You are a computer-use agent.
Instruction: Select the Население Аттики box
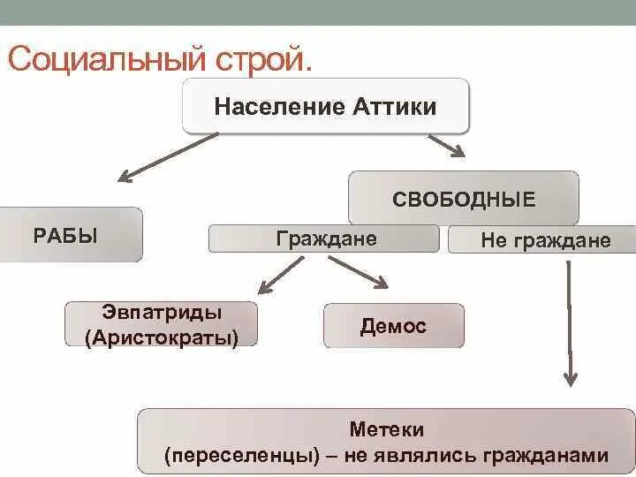click(x=325, y=107)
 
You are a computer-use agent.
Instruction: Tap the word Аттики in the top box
click(x=395, y=107)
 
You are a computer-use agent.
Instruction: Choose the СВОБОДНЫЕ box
click(x=464, y=199)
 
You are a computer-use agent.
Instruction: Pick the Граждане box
click(x=324, y=238)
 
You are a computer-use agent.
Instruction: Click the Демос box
click(x=393, y=326)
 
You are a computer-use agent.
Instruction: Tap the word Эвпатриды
click(x=162, y=313)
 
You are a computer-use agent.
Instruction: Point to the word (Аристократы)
click(x=162, y=337)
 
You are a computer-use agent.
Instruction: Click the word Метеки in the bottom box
click(x=387, y=430)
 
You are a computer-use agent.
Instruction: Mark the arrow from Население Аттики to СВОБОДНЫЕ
click(x=446, y=146)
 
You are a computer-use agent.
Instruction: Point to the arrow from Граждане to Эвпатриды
click(x=280, y=275)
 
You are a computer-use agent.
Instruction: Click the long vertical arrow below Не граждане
click(x=569, y=322)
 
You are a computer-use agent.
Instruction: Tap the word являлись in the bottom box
click(x=430, y=456)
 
